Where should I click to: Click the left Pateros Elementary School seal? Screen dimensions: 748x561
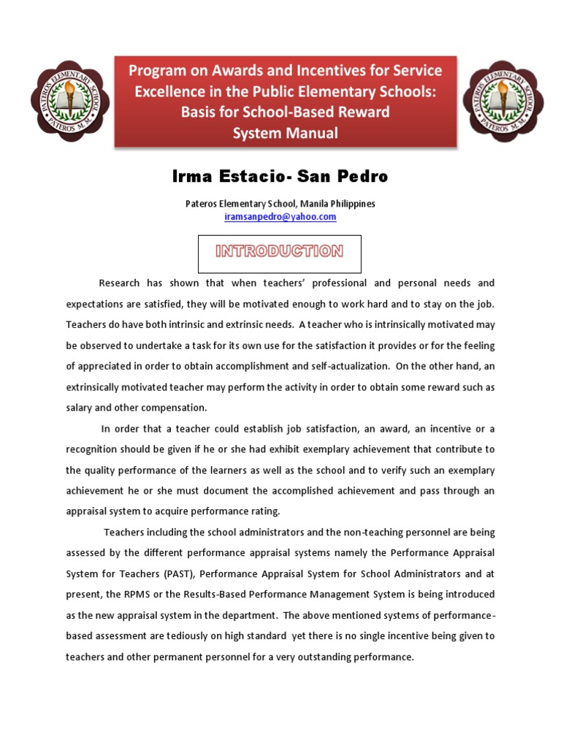69,101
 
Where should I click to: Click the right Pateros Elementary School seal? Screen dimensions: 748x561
503,101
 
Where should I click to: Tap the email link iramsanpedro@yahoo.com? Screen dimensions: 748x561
280,217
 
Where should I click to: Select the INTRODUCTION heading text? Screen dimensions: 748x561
279,251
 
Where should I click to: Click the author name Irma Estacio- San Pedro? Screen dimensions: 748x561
280,177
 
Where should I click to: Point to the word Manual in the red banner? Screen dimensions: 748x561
312,133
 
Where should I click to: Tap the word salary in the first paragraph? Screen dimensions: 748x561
81,408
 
